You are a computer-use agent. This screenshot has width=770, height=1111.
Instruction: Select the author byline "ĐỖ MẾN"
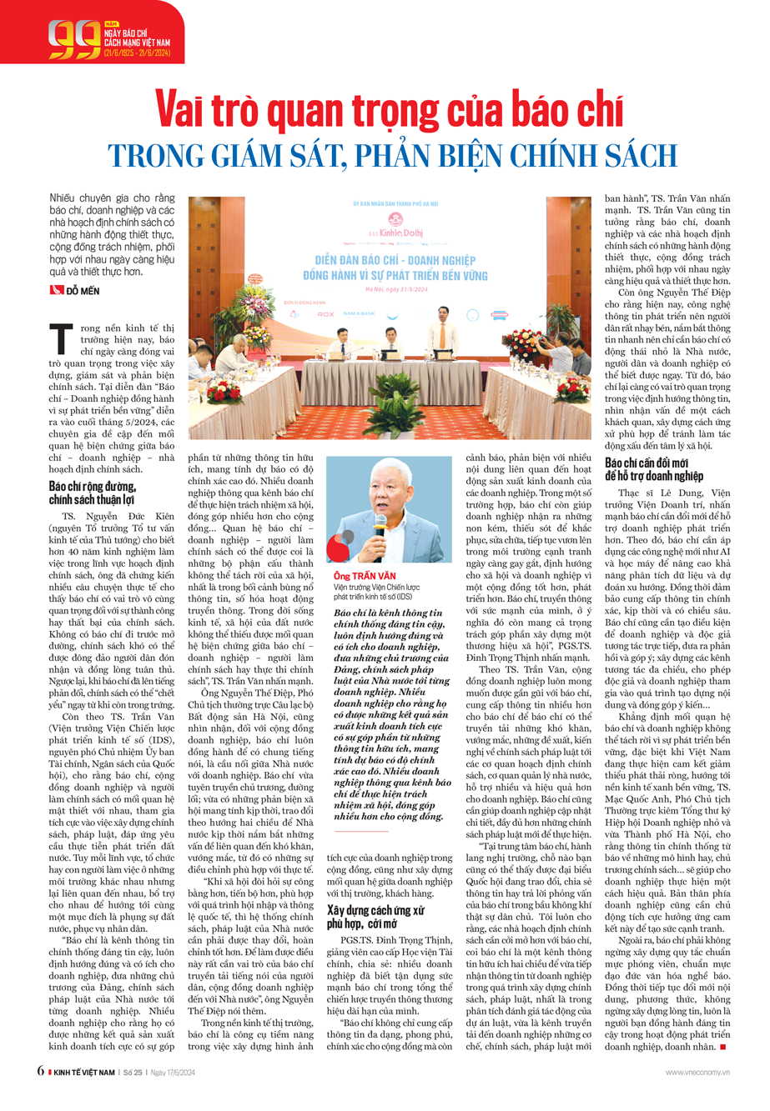[82, 290]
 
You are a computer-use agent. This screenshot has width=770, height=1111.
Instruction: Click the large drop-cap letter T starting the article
[60, 338]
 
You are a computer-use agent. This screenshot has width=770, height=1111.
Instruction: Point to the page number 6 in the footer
[40, 1071]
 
